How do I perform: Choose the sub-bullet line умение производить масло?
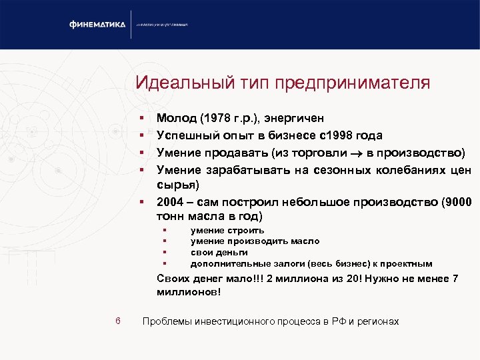pyautogui.click(x=255, y=241)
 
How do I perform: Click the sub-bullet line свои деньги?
pyautogui.click(x=219, y=252)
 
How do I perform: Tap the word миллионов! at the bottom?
pyautogui.click(x=189, y=292)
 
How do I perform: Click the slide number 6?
pyautogui.click(x=117, y=321)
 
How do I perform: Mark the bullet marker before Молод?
pyautogui.click(x=141, y=119)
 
